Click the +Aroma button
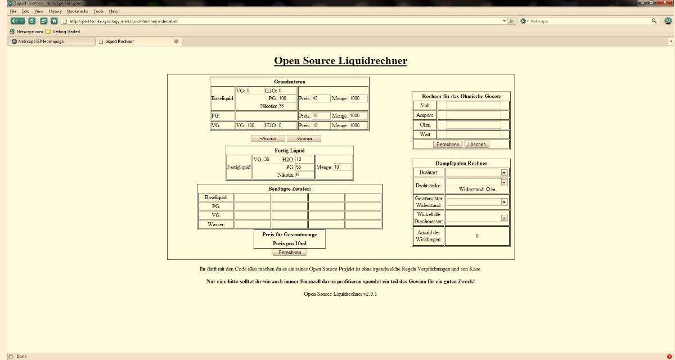pos(268,138)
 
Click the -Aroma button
pos(304,138)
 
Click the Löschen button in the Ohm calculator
pos(477,145)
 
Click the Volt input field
pos(469,105)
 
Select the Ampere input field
pos(469,115)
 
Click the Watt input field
pos(469,135)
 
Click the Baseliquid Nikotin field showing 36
pos(286,106)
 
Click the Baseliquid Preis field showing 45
pos(321,98)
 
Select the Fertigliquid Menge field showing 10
pos(343,167)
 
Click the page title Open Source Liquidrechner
pos(340,61)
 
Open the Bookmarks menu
pos(77,11)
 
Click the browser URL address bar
pos(281,21)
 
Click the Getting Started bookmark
pos(66,31)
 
